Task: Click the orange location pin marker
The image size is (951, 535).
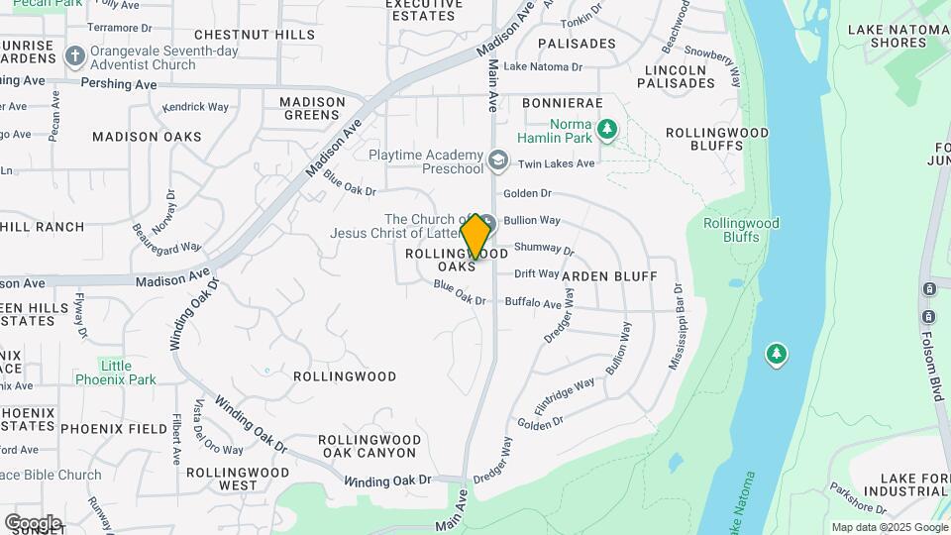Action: tap(475, 237)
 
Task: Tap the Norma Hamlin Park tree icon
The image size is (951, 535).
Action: tap(607, 128)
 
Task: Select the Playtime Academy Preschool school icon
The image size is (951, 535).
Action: tap(497, 159)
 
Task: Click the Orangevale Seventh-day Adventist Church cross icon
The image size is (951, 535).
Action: tap(74, 55)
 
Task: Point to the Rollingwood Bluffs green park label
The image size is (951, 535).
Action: tap(741, 230)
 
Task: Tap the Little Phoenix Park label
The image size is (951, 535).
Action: tap(116, 373)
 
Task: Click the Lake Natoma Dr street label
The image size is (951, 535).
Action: tap(543, 67)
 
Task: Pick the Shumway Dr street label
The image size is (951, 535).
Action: tap(544, 250)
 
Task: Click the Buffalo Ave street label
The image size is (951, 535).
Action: tap(533, 302)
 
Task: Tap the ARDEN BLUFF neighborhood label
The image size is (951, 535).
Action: tap(609, 275)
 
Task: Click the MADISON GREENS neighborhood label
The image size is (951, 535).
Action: tap(311, 108)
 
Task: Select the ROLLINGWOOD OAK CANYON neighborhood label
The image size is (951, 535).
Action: tap(368, 446)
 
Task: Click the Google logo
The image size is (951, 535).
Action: tap(32, 522)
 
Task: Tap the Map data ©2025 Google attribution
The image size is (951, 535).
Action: tap(889, 527)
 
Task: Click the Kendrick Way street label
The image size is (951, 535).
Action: tap(195, 107)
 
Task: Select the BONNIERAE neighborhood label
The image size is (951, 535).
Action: tap(562, 103)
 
